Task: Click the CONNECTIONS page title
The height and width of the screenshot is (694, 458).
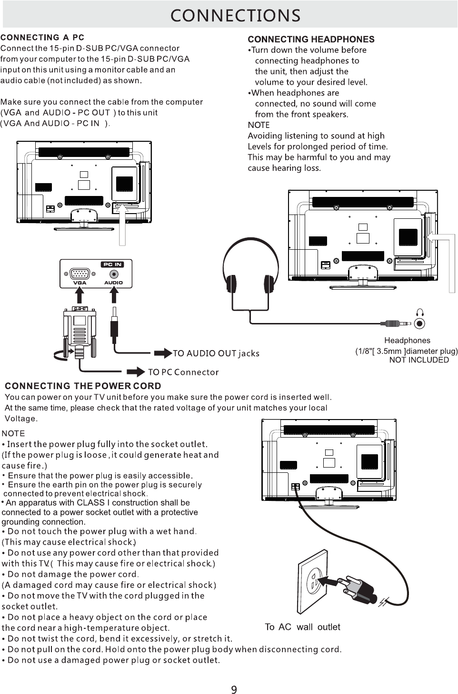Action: click(235, 16)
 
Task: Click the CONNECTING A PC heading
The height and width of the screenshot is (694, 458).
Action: click(42, 38)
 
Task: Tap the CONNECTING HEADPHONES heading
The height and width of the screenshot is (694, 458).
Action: click(311, 39)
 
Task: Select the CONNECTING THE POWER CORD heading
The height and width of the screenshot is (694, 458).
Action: click(83, 386)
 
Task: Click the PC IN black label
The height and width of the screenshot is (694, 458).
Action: click(112, 264)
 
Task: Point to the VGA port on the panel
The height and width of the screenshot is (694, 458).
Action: click(80, 274)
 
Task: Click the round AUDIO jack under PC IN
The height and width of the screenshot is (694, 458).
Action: click(114, 274)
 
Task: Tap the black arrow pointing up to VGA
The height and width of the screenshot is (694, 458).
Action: click(80, 294)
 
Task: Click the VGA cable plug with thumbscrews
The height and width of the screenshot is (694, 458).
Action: click(80, 332)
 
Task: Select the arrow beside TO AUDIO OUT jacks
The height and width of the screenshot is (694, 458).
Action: click(163, 353)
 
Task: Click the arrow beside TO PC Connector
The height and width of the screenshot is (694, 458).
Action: click(136, 372)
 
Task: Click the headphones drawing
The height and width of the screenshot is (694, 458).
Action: click(250, 273)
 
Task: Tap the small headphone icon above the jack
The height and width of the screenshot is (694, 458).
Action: click(420, 312)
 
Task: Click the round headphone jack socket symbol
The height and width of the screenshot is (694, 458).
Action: click(419, 324)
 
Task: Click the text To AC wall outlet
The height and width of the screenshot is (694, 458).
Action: click(302, 627)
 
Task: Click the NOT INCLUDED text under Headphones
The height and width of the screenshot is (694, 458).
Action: click(419, 360)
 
